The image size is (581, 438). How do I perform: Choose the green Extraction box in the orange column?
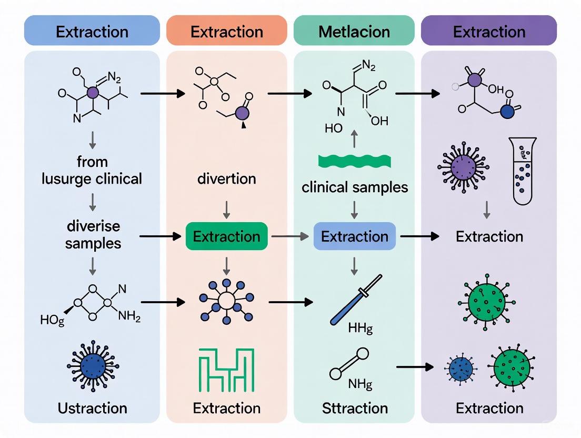(x=226, y=236)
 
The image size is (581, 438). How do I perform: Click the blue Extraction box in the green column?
(x=354, y=236)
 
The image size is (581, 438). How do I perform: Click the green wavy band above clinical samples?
(x=354, y=162)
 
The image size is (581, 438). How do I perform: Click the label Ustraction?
(x=92, y=408)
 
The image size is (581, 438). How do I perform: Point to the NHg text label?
(x=360, y=384)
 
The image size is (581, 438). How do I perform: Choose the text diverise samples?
(x=93, y=235)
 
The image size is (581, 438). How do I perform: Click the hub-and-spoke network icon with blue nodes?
(x=226, y=301)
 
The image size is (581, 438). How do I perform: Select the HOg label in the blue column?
(x=52, y=320)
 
